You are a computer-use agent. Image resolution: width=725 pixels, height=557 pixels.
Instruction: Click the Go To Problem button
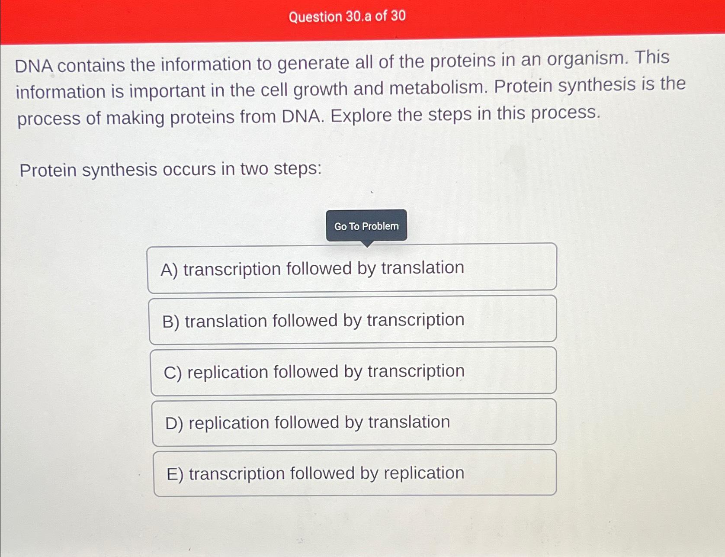click(x=366, y=225)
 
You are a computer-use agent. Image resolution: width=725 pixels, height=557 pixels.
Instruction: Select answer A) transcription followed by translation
click(x=352, y=268)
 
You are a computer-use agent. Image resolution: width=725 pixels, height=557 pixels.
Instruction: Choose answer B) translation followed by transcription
click(x=353, y=320)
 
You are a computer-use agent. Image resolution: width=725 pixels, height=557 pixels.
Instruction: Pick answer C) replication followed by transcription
click(x=353, y=371)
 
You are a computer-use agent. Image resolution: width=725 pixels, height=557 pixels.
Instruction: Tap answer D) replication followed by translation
click(x=354, y=422)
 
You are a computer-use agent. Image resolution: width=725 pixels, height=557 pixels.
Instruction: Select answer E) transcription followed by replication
click(x=355, y=473)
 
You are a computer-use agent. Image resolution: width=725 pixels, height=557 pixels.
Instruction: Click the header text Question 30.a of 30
click(x=347, y=16)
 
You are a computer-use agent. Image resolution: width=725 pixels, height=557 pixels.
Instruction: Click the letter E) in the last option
click(x=175, y=474)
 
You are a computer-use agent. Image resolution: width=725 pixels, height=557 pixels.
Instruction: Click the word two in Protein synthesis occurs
click(x=254, y=169)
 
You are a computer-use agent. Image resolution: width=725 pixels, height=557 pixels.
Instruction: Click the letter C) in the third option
click(x=173, y=373)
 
